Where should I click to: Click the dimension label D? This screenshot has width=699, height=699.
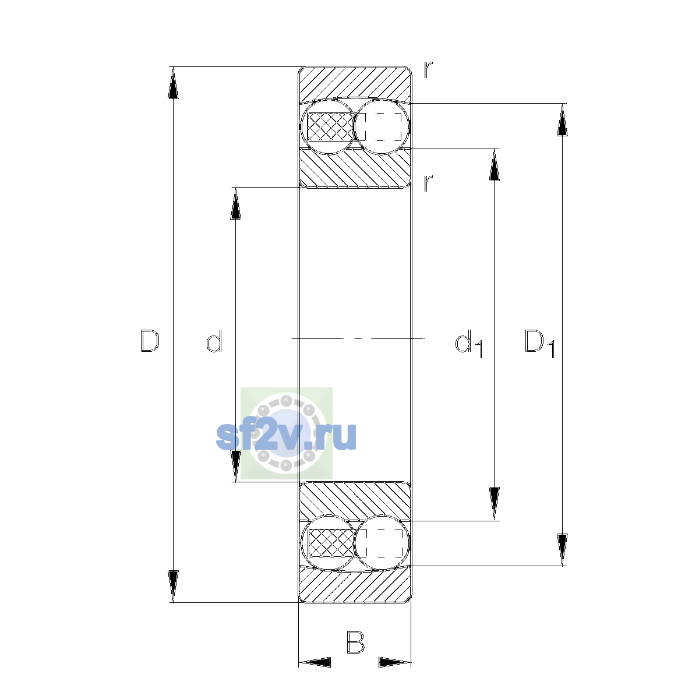coord(150,341)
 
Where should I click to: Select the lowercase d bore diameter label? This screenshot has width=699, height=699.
coord(214,341)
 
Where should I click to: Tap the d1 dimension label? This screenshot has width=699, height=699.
coord(469,343)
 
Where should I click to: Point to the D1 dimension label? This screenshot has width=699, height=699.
coord(540,343)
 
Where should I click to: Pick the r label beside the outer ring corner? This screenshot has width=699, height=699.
coord(428,70)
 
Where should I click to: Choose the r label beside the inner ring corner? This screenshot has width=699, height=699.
coord(428,183)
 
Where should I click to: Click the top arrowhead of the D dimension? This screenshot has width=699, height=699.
coord(173,83)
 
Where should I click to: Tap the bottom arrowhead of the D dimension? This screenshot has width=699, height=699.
coord(173,587)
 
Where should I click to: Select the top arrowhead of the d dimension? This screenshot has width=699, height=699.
coord(235,203)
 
